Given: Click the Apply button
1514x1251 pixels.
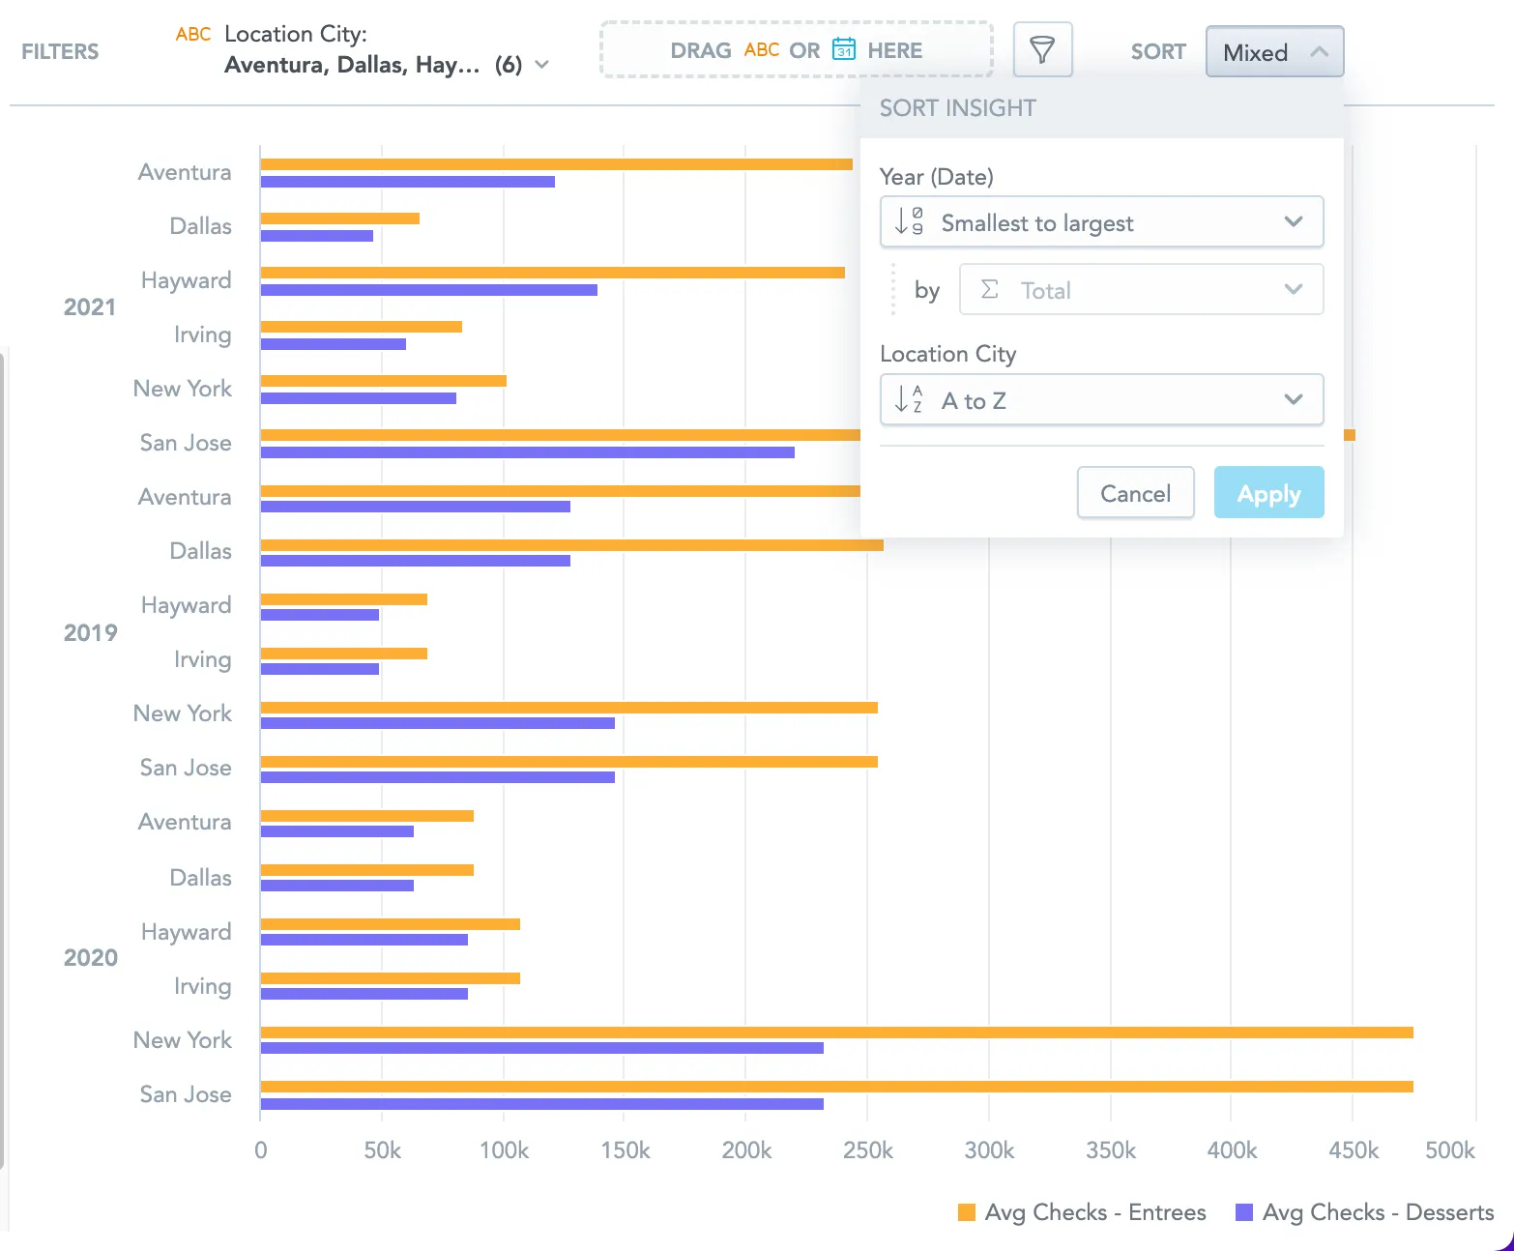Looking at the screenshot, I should click(x=1268, y=493).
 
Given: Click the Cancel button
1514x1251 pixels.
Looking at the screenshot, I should click(x=1135, y=493).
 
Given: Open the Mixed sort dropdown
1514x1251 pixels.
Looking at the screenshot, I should click(x=1274, y=52).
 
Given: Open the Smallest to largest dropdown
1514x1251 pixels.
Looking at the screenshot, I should click(x=1101, y=223).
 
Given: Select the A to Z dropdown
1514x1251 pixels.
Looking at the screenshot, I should click(x=1101, y=400).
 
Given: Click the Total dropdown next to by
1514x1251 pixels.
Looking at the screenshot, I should click(x=1141, y=290).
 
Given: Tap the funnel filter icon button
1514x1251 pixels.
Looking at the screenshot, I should click(x=1042, y=50).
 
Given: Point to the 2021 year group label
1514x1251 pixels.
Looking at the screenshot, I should click(x=89, y=307).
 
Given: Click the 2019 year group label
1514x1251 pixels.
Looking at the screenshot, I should click(x=90, y=633).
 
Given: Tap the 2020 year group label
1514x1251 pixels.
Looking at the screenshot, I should click(x=90, y=958).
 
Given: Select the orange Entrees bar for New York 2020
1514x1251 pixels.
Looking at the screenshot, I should click(x=836, y=1033).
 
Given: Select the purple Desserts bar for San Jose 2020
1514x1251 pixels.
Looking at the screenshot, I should click(x=541, y=1104).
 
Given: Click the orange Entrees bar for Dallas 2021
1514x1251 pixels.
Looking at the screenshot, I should click(x=339, y=218).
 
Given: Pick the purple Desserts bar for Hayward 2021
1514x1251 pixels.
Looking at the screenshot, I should click(x=428, y=290).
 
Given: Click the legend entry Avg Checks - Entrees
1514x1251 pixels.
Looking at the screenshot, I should click(x=1082, y=1212).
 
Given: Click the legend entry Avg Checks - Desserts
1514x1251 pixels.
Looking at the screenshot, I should click(x=1365, y=1212).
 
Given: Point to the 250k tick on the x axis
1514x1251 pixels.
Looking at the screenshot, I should click(x=867, y=1150).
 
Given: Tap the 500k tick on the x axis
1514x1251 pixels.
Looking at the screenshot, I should click(x=1449, y=1150).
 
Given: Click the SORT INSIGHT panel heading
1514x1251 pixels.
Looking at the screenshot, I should click(x=957, y=108).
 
